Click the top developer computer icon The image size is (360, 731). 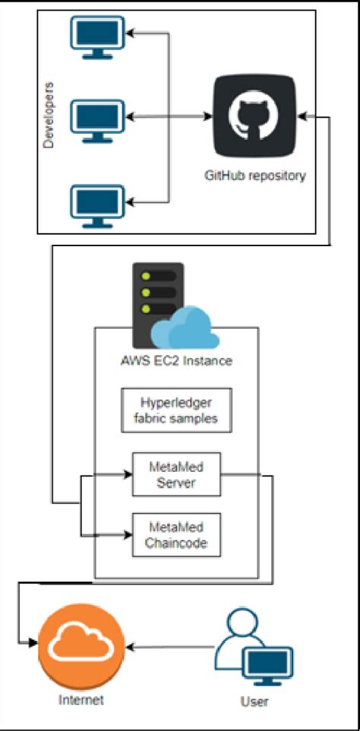point(96,36)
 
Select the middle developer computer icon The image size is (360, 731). point(96,119)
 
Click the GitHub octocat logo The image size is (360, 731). point(254,118)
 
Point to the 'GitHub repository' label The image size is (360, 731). point(254,176)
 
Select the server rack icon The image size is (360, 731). point(157,300)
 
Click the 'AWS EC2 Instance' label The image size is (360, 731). point(176,361)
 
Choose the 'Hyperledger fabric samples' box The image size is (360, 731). point(175,410)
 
